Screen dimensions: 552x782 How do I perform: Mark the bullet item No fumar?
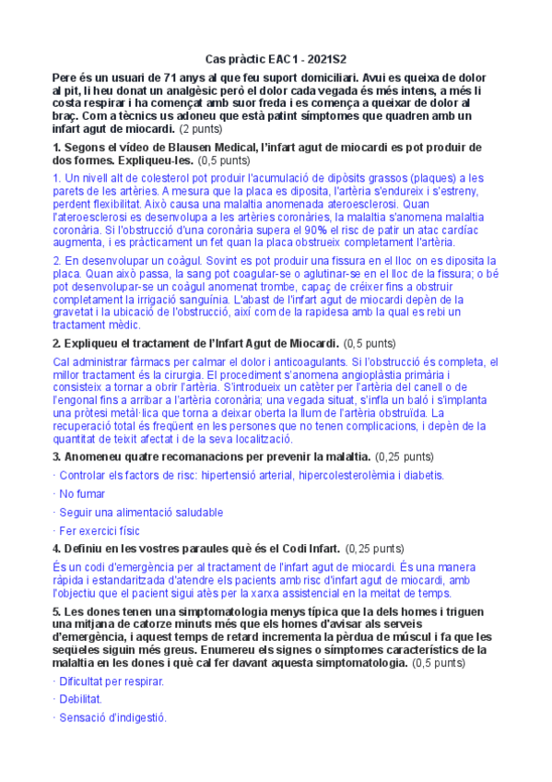tap(87, 493)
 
